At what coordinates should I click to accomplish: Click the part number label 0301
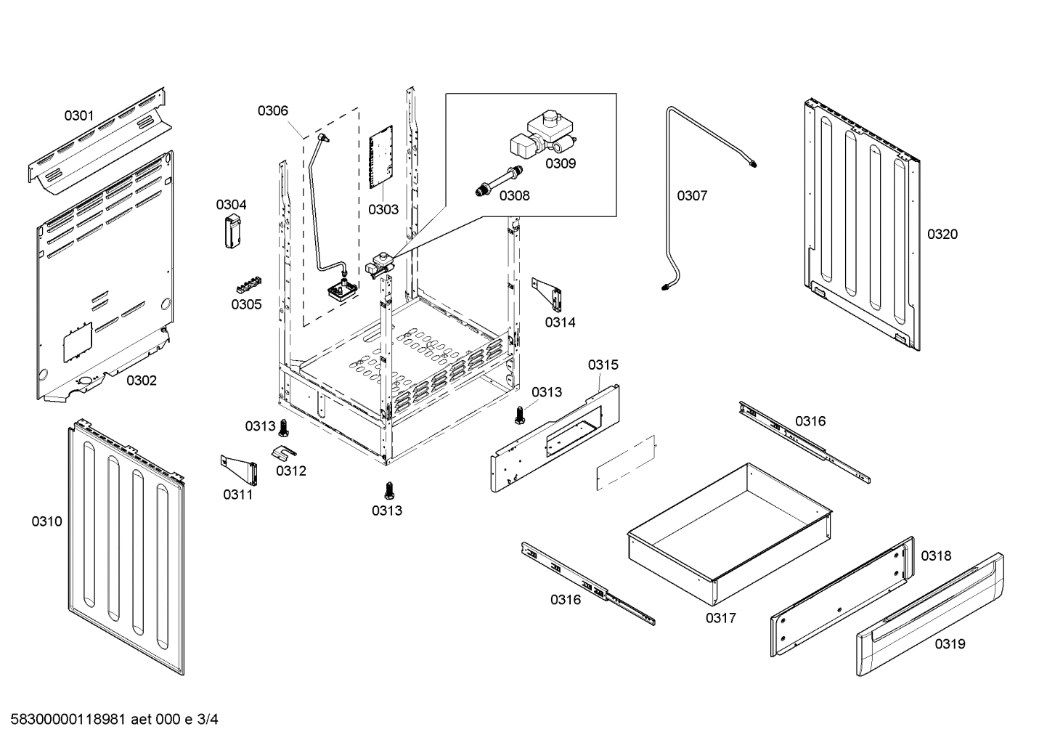(79, 115)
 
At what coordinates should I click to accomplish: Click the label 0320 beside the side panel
(942, 234)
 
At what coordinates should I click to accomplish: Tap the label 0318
(936, 556)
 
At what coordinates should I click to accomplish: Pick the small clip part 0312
(284, 452)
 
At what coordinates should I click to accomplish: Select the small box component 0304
(232, 232)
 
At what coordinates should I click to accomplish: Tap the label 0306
(272, 110)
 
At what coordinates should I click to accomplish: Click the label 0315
(603, 365)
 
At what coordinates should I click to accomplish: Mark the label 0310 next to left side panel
(46, 521)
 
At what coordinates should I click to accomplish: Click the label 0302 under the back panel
(142, 381)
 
